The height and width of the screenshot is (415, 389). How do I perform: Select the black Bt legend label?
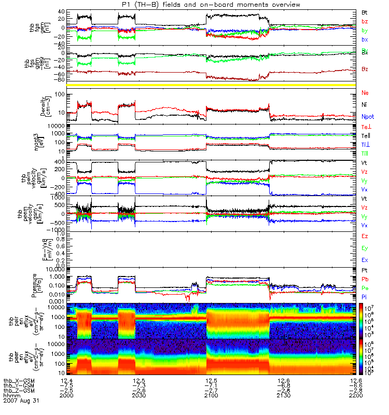365,11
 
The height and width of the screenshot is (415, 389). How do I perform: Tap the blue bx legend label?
365,39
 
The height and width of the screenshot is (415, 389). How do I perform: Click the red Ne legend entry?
365,93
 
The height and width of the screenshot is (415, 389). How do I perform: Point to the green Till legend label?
366,153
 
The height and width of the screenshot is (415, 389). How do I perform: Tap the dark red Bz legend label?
365,69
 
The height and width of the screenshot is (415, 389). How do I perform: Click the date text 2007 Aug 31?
21,401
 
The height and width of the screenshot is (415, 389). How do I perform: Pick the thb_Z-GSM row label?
20,391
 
